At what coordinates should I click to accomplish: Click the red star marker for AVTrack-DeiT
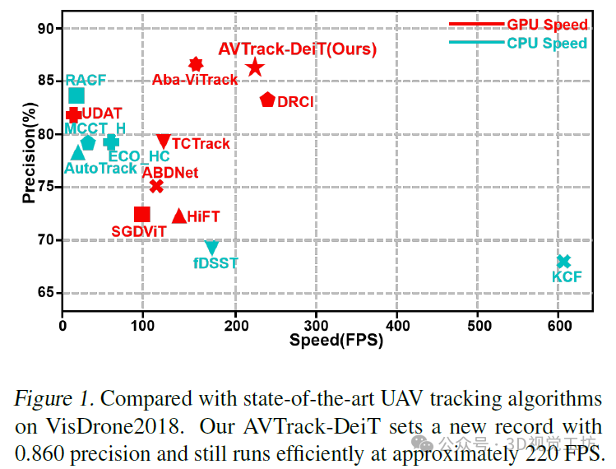pos(255,67)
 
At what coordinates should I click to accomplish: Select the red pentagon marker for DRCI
pos(267,100)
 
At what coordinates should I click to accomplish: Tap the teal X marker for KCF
pos(563,262)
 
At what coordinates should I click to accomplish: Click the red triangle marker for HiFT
pos(178,216)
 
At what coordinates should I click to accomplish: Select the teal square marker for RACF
pos(76,96)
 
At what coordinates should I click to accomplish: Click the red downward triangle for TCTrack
pos(164,142)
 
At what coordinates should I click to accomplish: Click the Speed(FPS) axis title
pos(336,338)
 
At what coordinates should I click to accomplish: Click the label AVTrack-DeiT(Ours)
pos(297,49)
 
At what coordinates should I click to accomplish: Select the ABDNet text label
pos(170,173)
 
